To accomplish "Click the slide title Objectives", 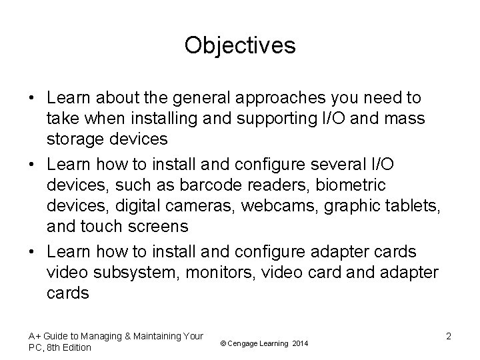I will point(240,45).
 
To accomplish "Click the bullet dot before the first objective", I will point(31,99).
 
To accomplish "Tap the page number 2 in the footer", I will point(449,336).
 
